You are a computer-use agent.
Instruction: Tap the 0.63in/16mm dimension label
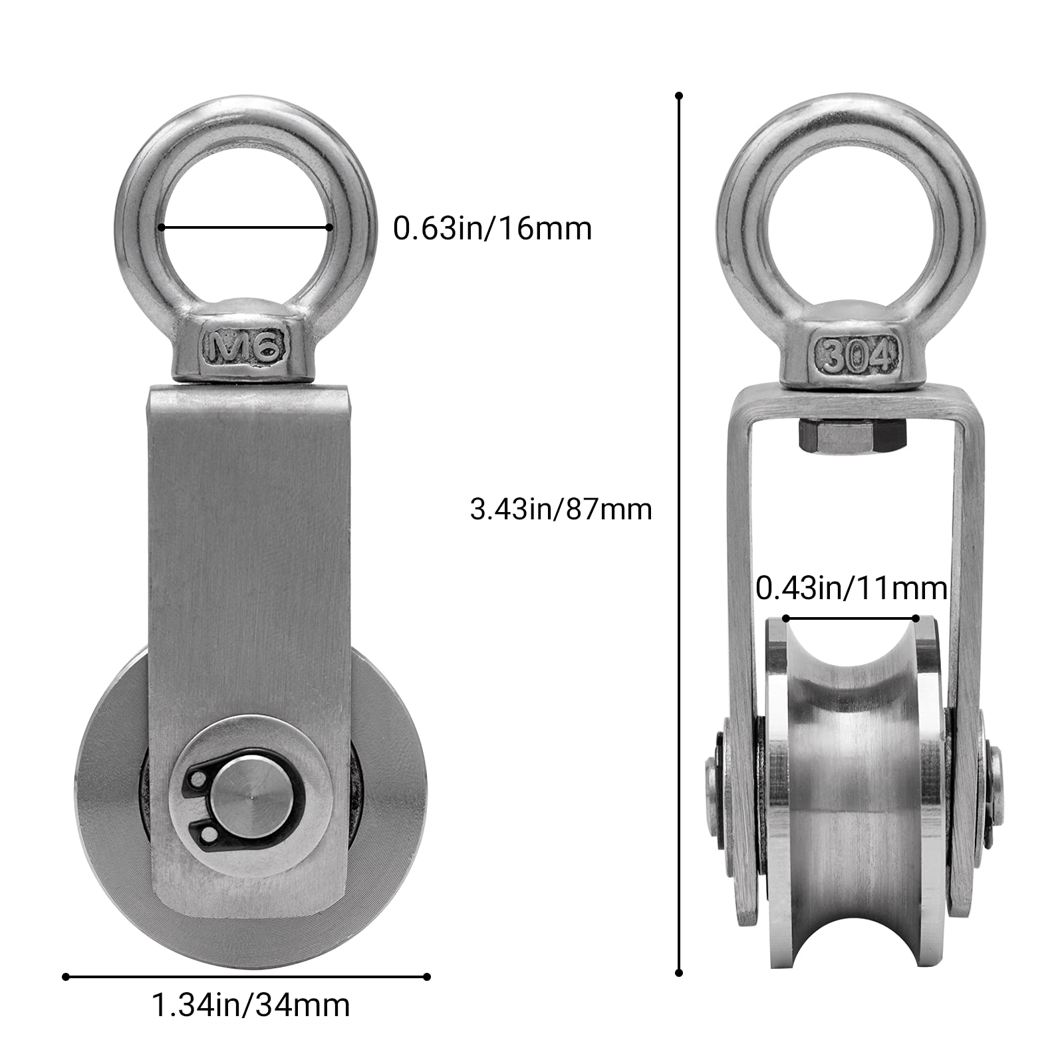(492, 229)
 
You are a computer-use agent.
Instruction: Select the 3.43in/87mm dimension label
(561, 509)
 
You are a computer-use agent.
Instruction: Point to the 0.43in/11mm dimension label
(851, 589)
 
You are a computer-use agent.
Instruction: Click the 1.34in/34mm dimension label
(251, 1005)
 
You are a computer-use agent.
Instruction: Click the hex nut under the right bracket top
(851, 438)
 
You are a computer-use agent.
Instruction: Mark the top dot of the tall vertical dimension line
(679, 96)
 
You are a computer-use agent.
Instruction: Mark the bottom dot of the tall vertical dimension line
(679, 972)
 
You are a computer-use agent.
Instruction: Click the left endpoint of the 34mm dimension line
(65, 977)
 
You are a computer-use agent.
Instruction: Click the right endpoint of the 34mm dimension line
(427, 977)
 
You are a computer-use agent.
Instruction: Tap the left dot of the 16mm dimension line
(161, 227)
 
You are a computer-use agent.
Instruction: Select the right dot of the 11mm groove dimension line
(917, 618)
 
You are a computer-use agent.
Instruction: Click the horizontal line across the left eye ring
(245, 227)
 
